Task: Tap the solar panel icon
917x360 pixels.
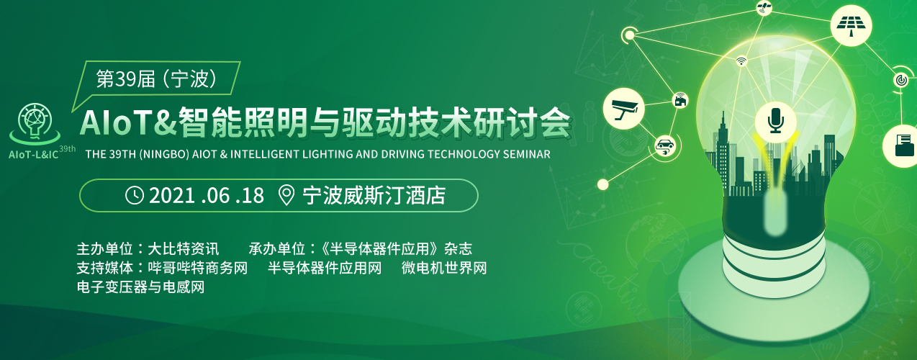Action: click(x=851, y=25)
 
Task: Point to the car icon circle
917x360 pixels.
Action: click(x=664, y=146)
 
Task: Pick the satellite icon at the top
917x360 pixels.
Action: click(x=764, y=9)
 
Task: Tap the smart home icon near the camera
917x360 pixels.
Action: click(x=679, y=100)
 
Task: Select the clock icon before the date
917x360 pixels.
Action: click(x=135, y=194)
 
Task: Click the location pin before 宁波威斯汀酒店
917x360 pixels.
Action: click(x=286, y=195)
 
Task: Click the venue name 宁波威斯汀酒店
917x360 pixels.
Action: click(x=374, y=195)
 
